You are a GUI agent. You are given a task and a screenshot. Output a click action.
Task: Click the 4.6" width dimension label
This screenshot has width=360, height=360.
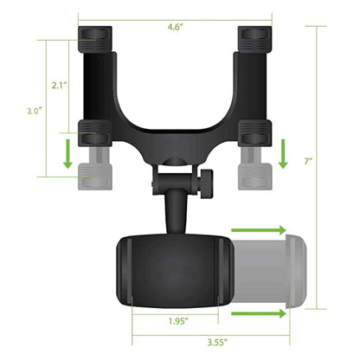(x=176, y=28)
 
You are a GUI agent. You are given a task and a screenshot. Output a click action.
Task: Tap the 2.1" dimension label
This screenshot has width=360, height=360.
(x=60, y=86)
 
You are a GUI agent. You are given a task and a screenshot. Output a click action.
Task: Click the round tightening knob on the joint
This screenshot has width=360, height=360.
(x=208, y=183)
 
